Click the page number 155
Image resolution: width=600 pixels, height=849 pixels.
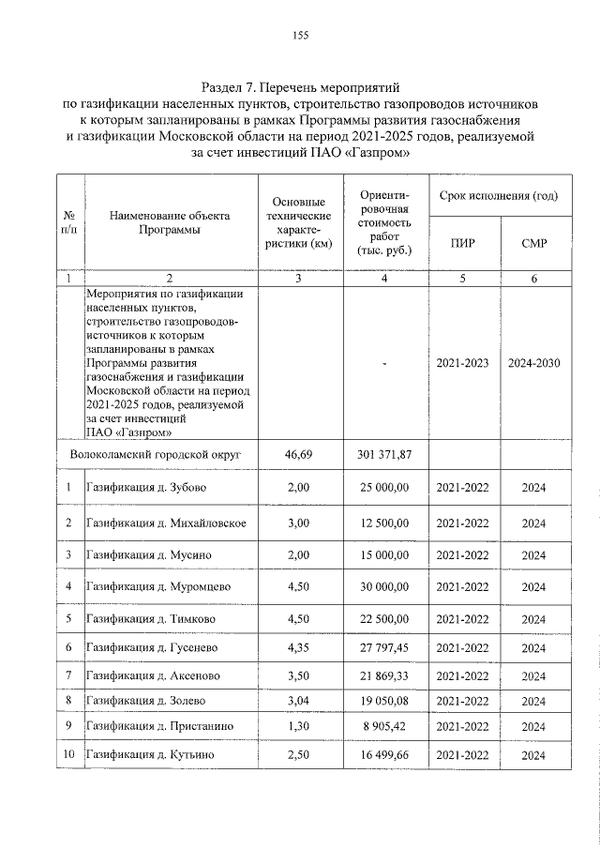pyautogui.click(x=300, y=36)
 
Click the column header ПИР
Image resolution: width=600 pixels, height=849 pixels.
pyautogui.click(x=462, y=244)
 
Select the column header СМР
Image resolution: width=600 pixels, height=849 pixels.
pyautogui.click(x=533, y=244)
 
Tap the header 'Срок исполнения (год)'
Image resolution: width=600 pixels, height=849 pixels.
pyautogui.click(x=499, y=196)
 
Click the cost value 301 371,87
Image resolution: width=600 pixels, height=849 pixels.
pyautogui.click(x=383, y=454)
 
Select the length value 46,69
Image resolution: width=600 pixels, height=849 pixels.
pyautogui.click(x=297, y=454)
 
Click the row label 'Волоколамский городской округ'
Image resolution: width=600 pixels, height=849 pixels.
pyautogui.click(x=157, y=454)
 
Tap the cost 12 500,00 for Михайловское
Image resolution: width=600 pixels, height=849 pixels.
pyautogui.click(x=383, y=523)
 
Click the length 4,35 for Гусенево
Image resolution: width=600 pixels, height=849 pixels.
pyautogui.click(x=297, y=648)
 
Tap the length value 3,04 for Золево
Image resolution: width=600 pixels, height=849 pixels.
pyautogui.click(x=297, y=701)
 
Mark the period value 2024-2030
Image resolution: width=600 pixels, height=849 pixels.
pyautogui.click(x=533, y=363)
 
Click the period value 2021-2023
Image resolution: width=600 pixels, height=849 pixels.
pyautogui.click(x=462, y=363)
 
